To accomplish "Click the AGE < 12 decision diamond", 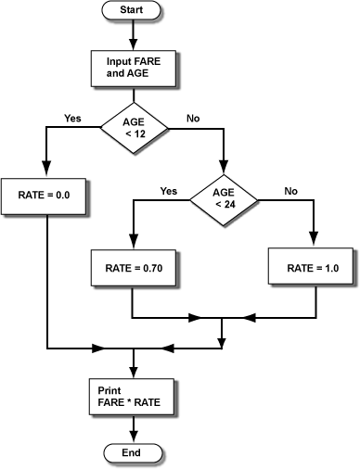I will click(x=135, y=127).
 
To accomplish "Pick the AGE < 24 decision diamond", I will click(x=224, y=197).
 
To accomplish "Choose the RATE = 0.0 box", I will click(x=45, y=195).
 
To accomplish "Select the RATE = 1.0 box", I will click(x=313, y=268).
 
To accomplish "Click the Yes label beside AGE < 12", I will click(x=72, y=118).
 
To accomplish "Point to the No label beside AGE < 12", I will click(x=194, y=118).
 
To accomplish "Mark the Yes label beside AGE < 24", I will click(x=169, y=191).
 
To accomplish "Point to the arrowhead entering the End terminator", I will click(x=135, y=437).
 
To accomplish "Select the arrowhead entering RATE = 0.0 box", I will click(x=45, y=171).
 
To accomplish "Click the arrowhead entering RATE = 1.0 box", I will click(x=313, y=243).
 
